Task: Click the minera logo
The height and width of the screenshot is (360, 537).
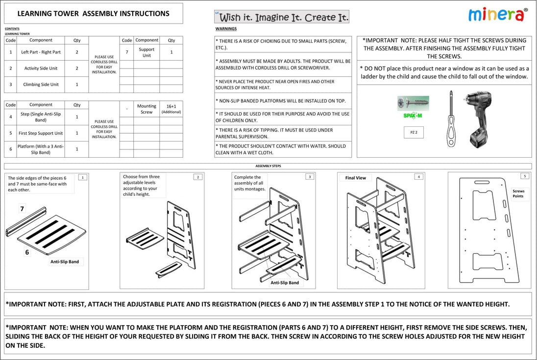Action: point(498,14)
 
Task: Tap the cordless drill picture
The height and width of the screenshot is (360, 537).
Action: point(478,119)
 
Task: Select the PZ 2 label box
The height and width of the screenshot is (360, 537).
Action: point(414,132)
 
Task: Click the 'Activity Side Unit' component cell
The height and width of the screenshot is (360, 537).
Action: point(41,69)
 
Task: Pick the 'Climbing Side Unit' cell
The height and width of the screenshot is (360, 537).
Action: point(41,85)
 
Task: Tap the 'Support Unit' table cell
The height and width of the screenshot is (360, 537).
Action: point(146,52)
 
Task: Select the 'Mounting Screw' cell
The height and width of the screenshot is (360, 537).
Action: point(146,109)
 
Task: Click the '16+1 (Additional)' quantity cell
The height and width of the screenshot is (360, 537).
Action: point(171,109)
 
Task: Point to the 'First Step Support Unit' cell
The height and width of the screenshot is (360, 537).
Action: point(41,133)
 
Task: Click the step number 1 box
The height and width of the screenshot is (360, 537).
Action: point(83,177)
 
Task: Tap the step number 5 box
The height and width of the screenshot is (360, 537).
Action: point(525,176)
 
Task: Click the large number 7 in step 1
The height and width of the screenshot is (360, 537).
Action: point(22,209)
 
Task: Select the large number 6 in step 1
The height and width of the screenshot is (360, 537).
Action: point(27,252)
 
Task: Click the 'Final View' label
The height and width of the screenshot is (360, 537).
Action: point(355,178)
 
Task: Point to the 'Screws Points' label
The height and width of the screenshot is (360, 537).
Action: point(518,194)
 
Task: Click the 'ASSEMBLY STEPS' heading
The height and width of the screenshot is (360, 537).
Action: point(268,166)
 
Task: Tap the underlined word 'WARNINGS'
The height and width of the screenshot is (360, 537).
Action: point(226,29)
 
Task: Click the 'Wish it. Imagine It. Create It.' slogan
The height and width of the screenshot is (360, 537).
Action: point(282,18)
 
